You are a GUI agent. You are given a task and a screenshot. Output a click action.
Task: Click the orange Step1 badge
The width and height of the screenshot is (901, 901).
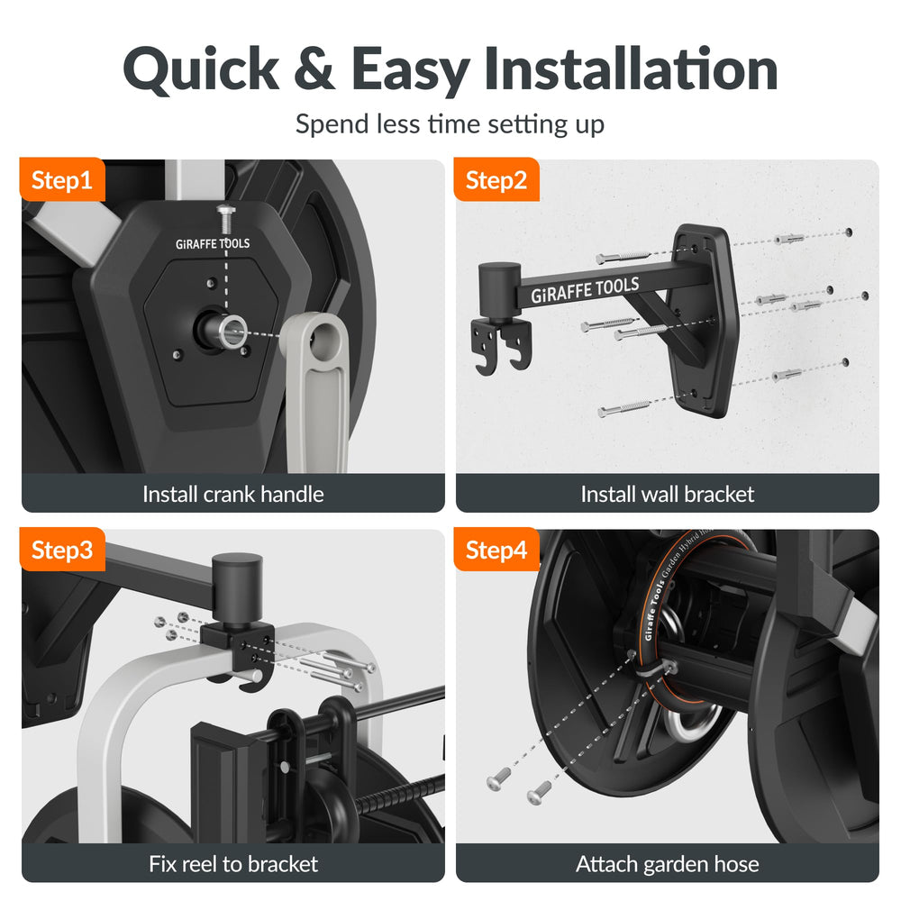[x=63, y=179]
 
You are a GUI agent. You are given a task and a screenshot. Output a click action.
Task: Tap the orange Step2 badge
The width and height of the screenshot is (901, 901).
[x=496, y=179]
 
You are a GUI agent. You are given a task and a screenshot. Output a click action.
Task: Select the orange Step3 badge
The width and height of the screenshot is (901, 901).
[x=63, y=550]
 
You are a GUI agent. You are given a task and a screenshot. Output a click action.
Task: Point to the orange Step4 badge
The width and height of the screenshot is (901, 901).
[x=496, y=550]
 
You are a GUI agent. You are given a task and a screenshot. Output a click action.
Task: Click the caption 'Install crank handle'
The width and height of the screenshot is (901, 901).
[x=233, y=494]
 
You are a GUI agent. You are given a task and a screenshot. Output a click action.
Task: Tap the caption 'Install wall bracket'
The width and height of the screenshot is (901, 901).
[x=667, y=494]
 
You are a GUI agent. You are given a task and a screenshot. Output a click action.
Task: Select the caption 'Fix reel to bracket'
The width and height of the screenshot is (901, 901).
[x=233, y=864]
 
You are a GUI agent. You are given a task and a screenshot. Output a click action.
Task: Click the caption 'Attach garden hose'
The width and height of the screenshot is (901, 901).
[x=667, y=864]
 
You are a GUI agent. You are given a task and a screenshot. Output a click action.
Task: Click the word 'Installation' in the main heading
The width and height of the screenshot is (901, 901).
[x=631, y=69]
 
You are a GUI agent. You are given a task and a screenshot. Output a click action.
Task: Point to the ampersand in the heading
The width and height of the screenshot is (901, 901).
[x=314, y=69]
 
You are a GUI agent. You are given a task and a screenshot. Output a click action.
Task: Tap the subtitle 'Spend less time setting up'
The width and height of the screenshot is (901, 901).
[x=450, y=124]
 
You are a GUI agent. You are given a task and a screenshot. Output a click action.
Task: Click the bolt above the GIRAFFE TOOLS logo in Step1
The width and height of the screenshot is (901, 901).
[x=226, y=218]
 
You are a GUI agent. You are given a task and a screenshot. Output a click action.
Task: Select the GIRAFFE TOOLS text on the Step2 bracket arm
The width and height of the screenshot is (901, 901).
[x=585, y=289]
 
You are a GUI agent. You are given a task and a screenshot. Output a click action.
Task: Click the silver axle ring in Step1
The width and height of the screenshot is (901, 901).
[x=232, y=332]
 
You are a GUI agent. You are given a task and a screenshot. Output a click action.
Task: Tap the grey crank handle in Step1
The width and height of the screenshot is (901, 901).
[x=317, y=391]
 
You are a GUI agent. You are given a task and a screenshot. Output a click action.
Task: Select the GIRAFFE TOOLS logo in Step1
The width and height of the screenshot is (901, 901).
[x=213, y=243]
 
